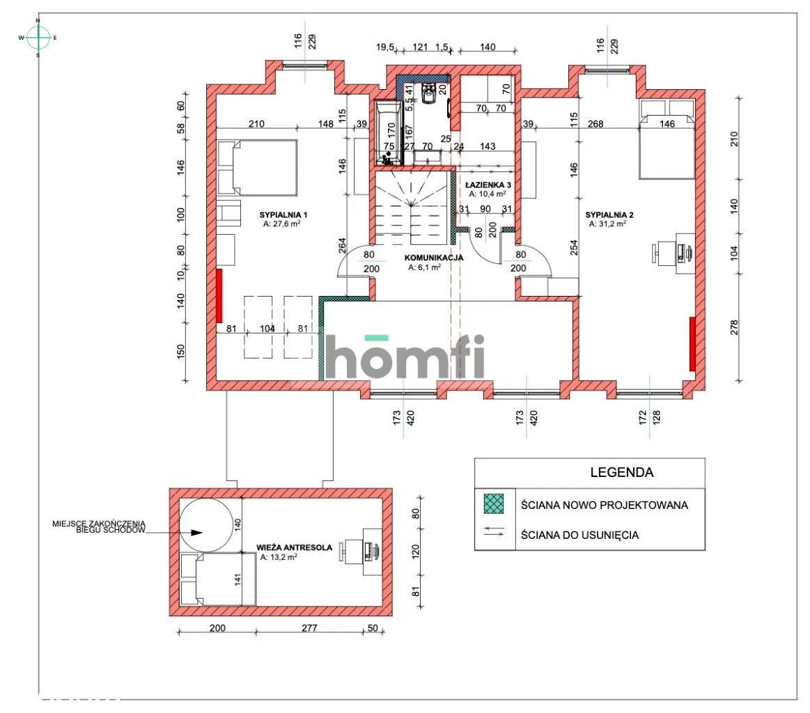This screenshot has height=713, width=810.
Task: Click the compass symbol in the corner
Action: pos(38,38)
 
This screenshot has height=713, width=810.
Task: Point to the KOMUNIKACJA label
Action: pos(435,257)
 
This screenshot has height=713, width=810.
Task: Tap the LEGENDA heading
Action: pos(621,472)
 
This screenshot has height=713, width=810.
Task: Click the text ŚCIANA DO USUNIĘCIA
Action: pos(579,535)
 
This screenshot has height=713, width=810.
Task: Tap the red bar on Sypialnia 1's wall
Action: pos(219,296)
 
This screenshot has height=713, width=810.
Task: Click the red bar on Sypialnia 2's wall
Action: pos(692,344)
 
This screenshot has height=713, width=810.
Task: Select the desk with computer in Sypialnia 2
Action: pos(671,253)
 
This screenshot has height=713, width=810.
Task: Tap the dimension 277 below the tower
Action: pos(309,628)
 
